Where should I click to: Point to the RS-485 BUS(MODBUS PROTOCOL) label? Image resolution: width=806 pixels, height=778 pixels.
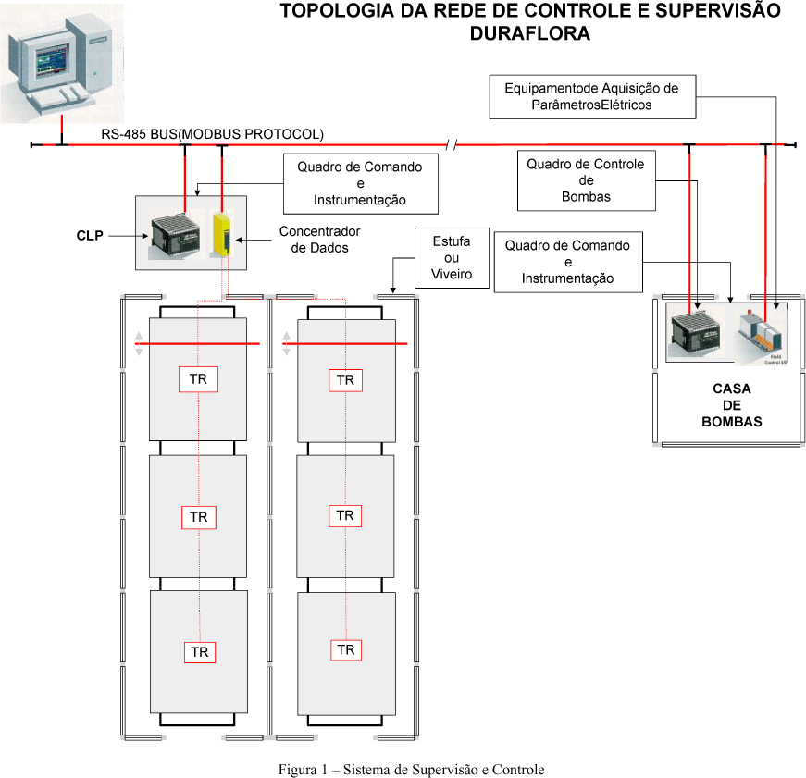pos(213,134)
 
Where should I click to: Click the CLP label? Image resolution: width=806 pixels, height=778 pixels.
pos(90,236)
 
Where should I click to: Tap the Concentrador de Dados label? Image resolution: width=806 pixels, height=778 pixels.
pos(319,239)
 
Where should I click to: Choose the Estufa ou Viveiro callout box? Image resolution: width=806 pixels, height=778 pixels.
pos(452,258)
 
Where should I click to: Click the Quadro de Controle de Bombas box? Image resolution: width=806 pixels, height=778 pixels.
pos(586,180)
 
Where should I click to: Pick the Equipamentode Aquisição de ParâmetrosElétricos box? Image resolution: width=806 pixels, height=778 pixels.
pos(592,96)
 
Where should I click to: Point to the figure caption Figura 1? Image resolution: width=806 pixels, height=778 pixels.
pos(412,770)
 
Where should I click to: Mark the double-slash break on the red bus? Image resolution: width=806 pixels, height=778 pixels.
pos(450,144)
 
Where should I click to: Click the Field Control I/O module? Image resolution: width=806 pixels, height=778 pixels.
pos(761,332)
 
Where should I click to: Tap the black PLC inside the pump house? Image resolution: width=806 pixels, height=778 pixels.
pos(698,332)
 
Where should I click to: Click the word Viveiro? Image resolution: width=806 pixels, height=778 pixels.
pos(452,274)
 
